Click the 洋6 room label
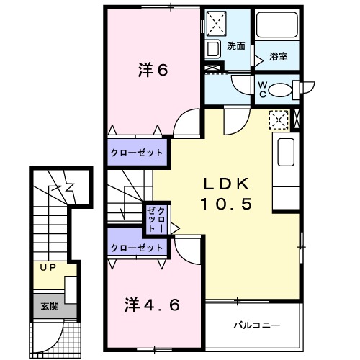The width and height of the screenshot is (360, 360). (x=153, y=70)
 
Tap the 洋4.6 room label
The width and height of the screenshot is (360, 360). (x=152, y=305)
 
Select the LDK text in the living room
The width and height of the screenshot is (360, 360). (x=226, y=184)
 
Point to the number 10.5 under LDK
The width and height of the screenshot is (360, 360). (x=226, y=204)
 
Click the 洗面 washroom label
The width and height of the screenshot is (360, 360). (x=236, y=46)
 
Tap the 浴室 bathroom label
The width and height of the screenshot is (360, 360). (x=279, y=56)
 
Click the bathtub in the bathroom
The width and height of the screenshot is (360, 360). (x=277, y=24)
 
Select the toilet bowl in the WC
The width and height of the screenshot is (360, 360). (x=280, y=90)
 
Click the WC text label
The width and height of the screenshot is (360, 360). (x=263, y=89)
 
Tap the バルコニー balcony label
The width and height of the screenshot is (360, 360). (x=257, y=325)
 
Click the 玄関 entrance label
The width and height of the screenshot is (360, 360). (x=50, y=306)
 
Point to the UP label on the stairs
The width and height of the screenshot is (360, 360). (x=48, y=267)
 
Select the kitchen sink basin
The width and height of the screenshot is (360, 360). (x=286, y=152)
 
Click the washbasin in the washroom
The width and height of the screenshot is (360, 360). (x=213, y=49)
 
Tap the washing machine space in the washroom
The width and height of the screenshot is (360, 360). (x=216, y=24)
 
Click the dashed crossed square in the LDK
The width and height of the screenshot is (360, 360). (x=279, y=120)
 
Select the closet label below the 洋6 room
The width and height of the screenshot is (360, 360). (x=137, y=153)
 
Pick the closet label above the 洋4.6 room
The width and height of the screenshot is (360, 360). (x=137, y=248)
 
